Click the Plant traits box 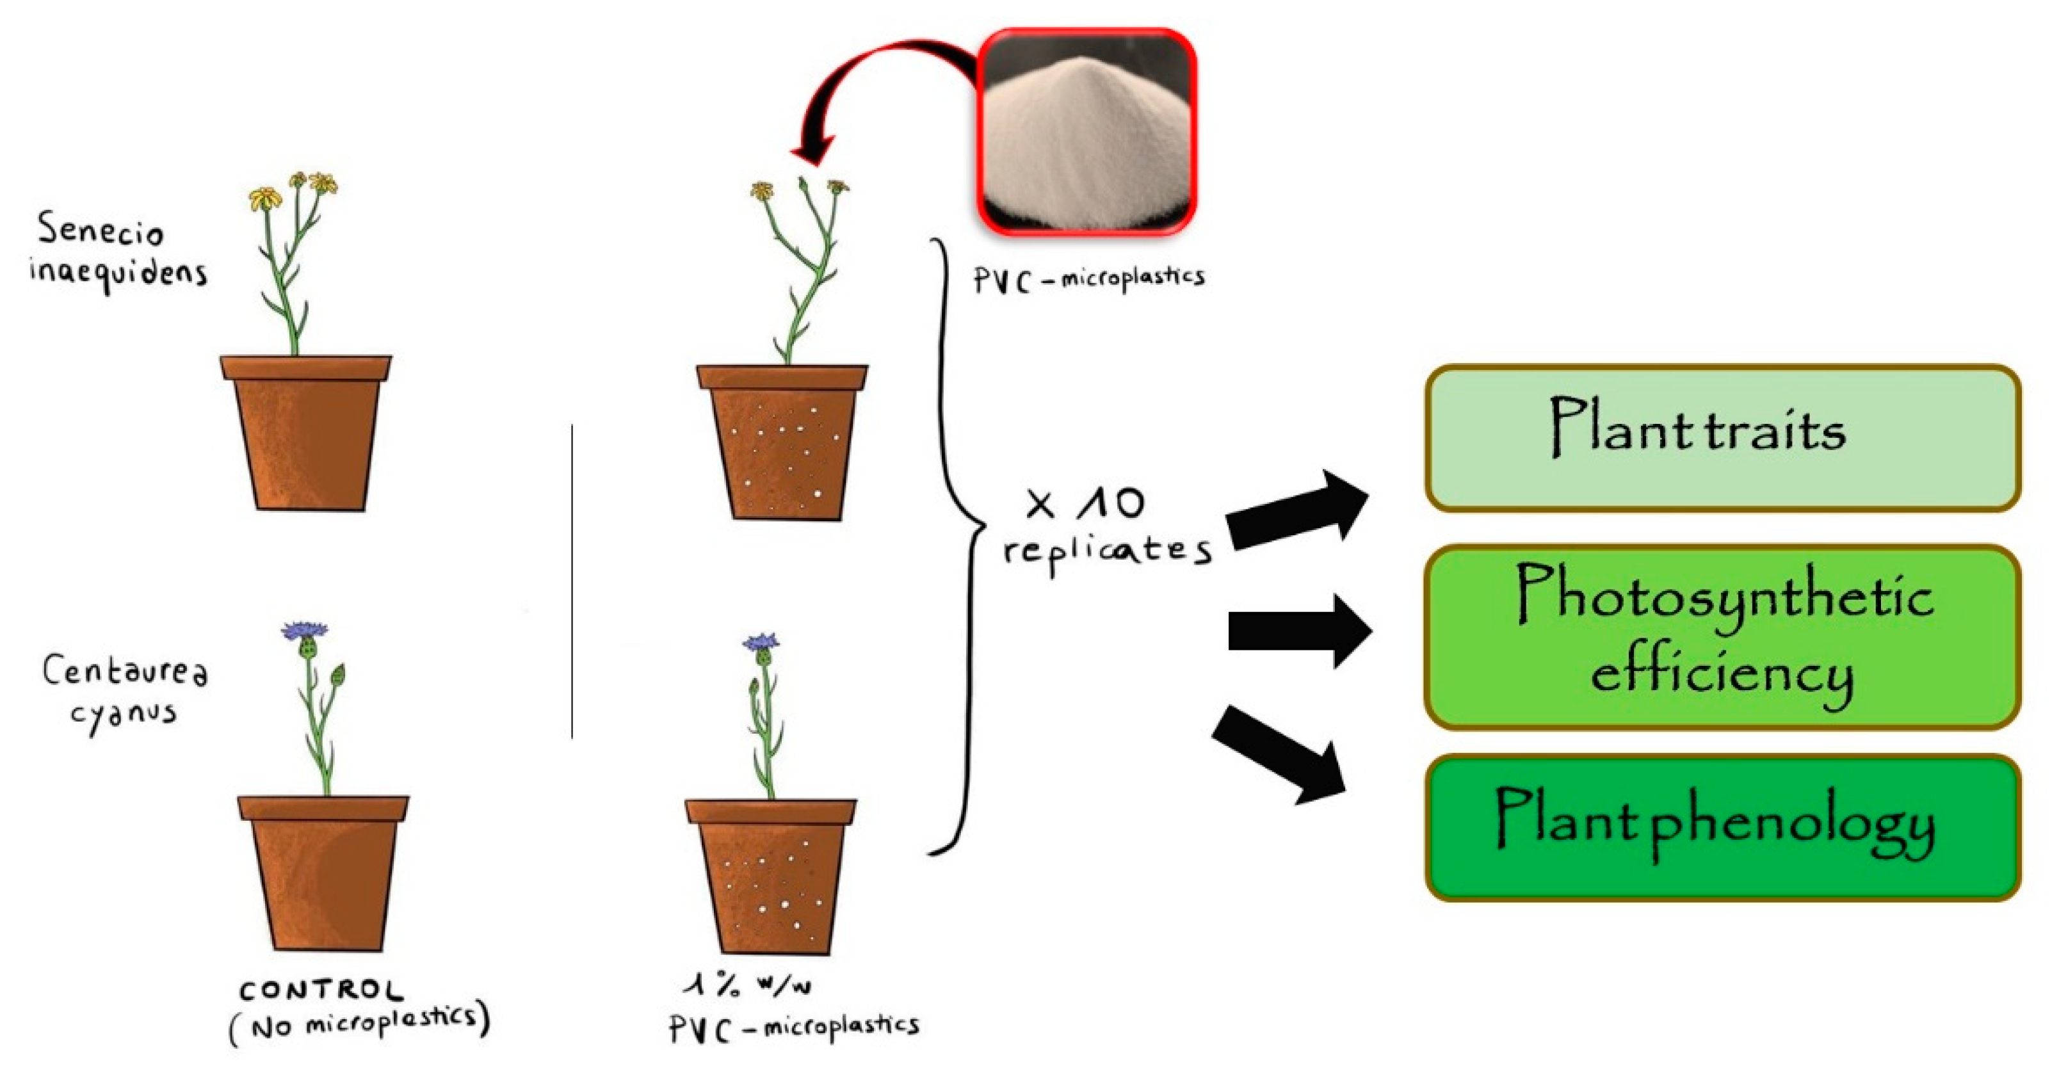(x=1722, y=437)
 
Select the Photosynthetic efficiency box (x=1722, y=637)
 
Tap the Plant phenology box (x=1722, y=828)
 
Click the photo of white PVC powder (x=1086, y=132)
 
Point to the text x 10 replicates (x=1107, y=528)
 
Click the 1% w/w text (x=747, y=986)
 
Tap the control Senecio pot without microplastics (x=306, y=436)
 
